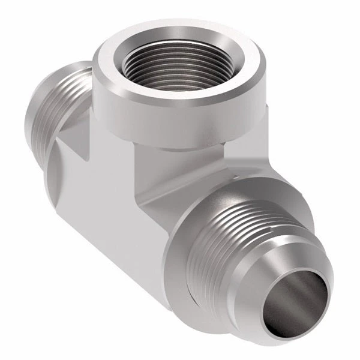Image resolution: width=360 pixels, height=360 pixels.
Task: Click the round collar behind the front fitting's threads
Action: coord(192,252)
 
